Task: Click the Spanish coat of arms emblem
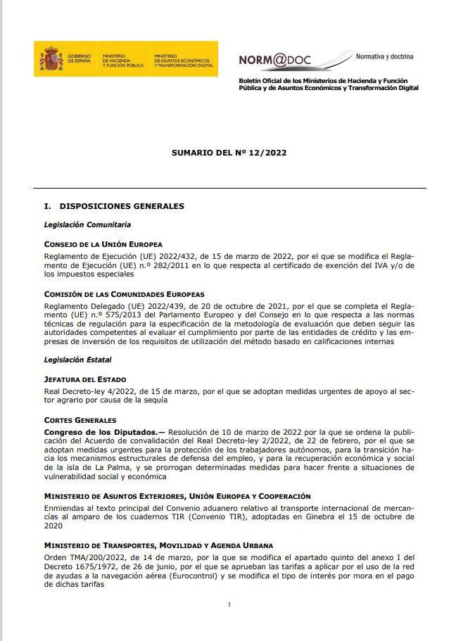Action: tap(51, 59)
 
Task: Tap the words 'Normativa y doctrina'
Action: tap(384, 56)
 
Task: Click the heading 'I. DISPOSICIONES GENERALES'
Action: tap(114, 206)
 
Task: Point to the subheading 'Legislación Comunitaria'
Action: tap(87, 225)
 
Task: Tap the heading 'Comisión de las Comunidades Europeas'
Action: tap(124, 293)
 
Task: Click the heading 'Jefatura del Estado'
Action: tap(85, 379)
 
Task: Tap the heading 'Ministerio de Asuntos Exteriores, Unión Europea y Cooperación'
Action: tap(177, 497)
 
